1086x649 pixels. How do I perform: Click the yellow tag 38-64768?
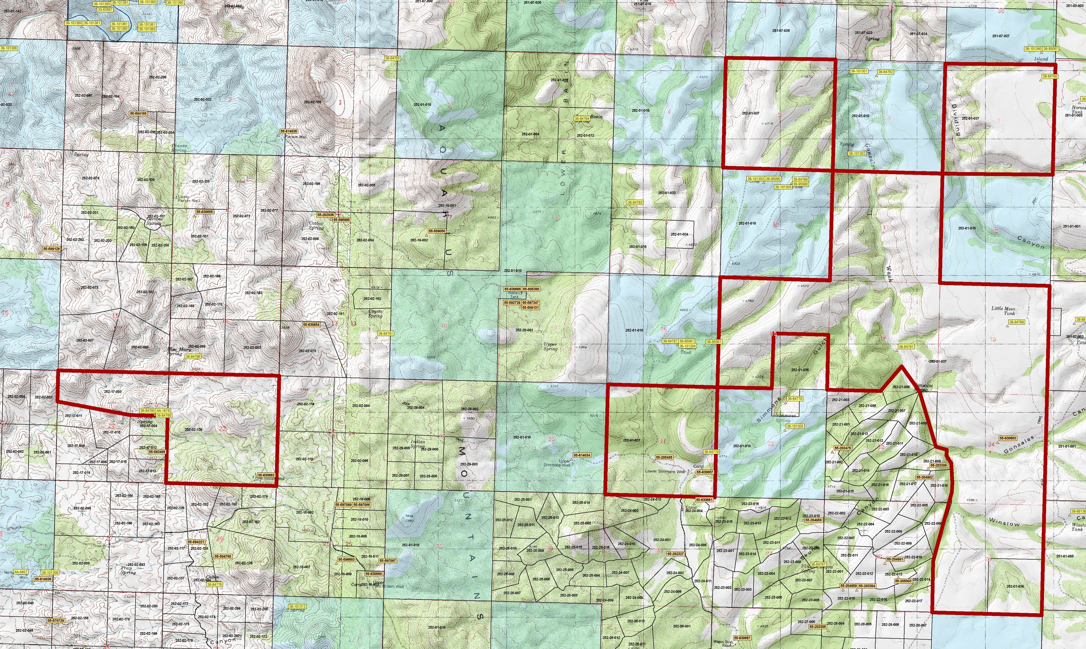[1016, 322]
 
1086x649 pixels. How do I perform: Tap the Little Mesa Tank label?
[1003, 311]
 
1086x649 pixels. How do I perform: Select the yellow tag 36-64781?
[906, 347]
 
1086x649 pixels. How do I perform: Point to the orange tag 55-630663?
[1008, 438]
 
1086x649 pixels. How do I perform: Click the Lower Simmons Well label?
[665, 471]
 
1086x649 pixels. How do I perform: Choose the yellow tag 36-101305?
[795, 426]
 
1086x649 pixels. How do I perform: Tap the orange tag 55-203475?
[843, 448]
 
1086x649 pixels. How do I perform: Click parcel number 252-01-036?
[800, 370]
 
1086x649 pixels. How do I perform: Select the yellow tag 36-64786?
[193, 357]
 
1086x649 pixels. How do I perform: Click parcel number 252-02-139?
[193, 430]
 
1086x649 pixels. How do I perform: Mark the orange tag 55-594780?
[223, 557]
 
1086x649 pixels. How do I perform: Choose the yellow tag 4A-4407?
[21, 572]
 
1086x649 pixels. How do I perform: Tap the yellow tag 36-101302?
[856, 154]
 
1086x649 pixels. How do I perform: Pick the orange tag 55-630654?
[311, 325]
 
